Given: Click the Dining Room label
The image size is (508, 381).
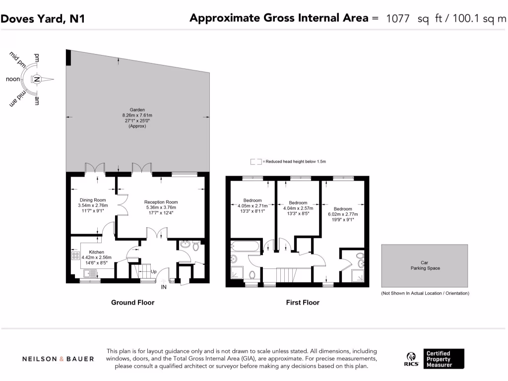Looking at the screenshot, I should (x=93, y=200).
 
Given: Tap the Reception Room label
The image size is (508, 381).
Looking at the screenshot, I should (x=161, y=202).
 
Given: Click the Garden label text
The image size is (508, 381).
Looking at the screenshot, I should (x=137, y=110).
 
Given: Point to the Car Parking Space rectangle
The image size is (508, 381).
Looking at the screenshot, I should (x=424, y=265).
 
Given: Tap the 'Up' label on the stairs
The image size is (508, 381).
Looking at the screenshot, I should (x=154, y=272).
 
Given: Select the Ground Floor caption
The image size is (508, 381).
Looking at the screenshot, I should (x=132, y=302).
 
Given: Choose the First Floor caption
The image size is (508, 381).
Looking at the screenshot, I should (x=303, y=302).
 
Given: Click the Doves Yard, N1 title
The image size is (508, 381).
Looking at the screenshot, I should (x=43, y=19).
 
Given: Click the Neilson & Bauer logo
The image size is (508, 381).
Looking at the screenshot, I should (x=58, y=359).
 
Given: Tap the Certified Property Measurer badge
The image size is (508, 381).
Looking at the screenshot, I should (x=444, y=359).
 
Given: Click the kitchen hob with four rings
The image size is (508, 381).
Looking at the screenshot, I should (x=76, y=256).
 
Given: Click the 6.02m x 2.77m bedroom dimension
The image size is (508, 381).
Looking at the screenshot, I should (x=342, y=214).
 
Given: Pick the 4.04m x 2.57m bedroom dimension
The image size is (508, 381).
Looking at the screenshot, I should (x=298, y=208).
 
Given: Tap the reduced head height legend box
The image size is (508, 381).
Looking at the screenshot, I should (x=256, y=161).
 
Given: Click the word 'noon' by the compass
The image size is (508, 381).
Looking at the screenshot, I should (x=13, y=79).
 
